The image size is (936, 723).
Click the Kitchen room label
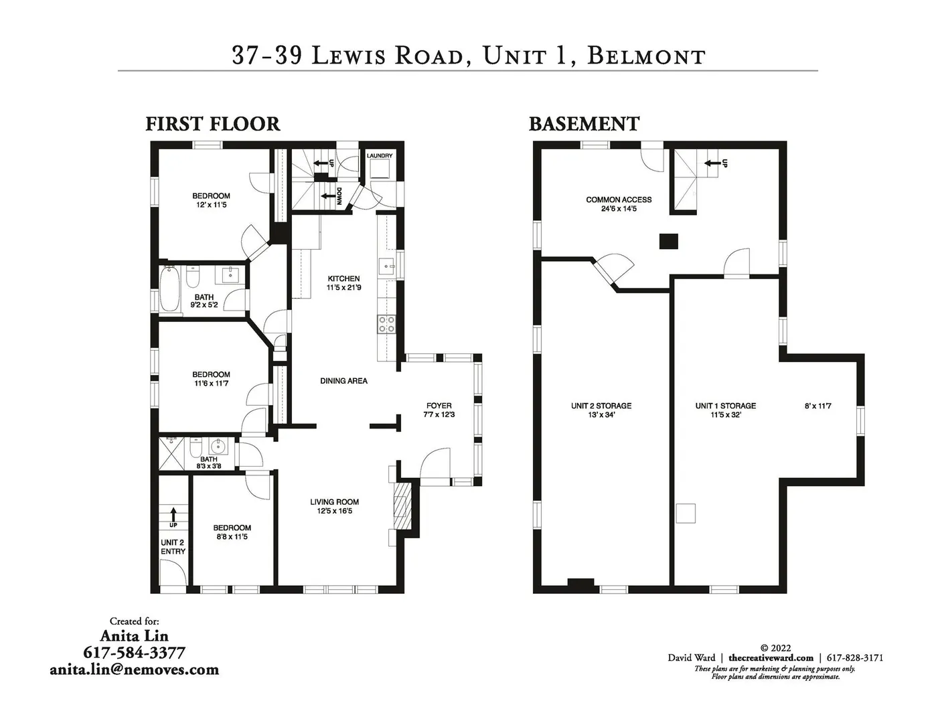pos(343,278)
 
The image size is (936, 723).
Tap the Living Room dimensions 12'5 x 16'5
pos(334,511)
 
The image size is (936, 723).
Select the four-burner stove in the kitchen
pos(386,324)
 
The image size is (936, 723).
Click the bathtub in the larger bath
pos(169,289)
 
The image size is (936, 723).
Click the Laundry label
pos(380,155)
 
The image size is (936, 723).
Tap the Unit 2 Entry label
pos(173,547)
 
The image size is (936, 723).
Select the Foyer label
pos(439,406)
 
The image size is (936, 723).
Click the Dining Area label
pos(343,381)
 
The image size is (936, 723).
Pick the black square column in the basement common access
pos(669,242)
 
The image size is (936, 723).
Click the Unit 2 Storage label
pos(601,406)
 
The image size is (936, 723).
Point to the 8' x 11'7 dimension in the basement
pos(817,406)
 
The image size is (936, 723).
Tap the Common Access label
pos(619,199)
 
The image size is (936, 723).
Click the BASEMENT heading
pos(584,124)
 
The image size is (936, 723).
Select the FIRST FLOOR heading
pos(213,124)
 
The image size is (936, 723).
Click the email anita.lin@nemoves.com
pos(135,669)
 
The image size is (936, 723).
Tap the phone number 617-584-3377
pos(135,653)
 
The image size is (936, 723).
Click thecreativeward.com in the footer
pos(771,657)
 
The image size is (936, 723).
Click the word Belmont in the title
pos(646,56)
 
